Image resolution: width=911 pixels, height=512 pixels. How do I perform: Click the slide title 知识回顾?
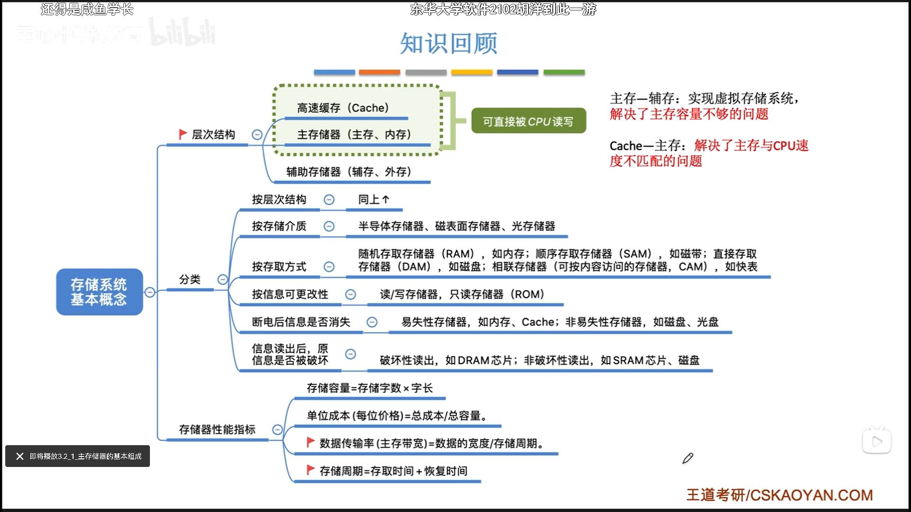448,44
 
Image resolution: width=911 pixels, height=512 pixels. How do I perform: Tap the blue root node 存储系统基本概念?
99,292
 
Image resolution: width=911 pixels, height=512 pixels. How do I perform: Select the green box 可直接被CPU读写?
528,121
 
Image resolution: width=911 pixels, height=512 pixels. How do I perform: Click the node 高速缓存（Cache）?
343,108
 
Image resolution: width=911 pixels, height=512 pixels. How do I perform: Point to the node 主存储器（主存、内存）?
354,135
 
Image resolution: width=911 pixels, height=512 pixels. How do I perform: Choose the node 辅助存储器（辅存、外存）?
349,172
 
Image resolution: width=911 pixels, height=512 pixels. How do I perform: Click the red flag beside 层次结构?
183,134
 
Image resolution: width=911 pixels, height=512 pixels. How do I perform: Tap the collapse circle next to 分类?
222,279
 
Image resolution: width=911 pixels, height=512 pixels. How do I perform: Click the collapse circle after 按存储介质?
329,226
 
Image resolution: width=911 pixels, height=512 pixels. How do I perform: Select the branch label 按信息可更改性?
290,294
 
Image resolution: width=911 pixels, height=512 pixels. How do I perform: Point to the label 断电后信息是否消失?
301,322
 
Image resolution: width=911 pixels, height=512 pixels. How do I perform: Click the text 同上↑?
373,200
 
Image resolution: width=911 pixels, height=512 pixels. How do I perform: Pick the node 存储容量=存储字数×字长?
370,388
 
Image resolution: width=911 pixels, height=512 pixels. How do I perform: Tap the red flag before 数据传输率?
311,442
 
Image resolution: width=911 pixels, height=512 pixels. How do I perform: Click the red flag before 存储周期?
311,470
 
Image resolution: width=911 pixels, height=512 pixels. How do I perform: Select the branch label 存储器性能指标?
217,430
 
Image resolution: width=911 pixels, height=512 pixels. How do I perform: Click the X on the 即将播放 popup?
19,456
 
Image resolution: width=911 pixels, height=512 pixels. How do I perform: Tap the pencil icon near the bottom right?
688,458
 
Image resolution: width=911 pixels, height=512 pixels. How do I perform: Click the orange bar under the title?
379,73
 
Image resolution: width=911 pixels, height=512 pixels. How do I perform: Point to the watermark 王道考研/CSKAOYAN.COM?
779,495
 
